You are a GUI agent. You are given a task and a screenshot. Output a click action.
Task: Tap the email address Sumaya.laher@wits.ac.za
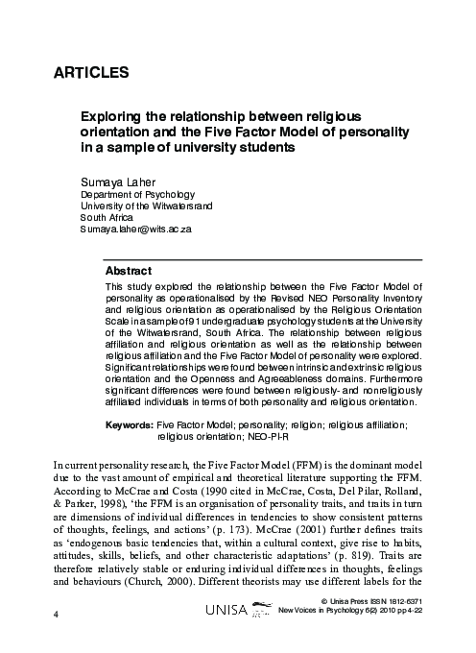click(136, 231)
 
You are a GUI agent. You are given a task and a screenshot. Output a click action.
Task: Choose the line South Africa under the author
click(106, 218)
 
